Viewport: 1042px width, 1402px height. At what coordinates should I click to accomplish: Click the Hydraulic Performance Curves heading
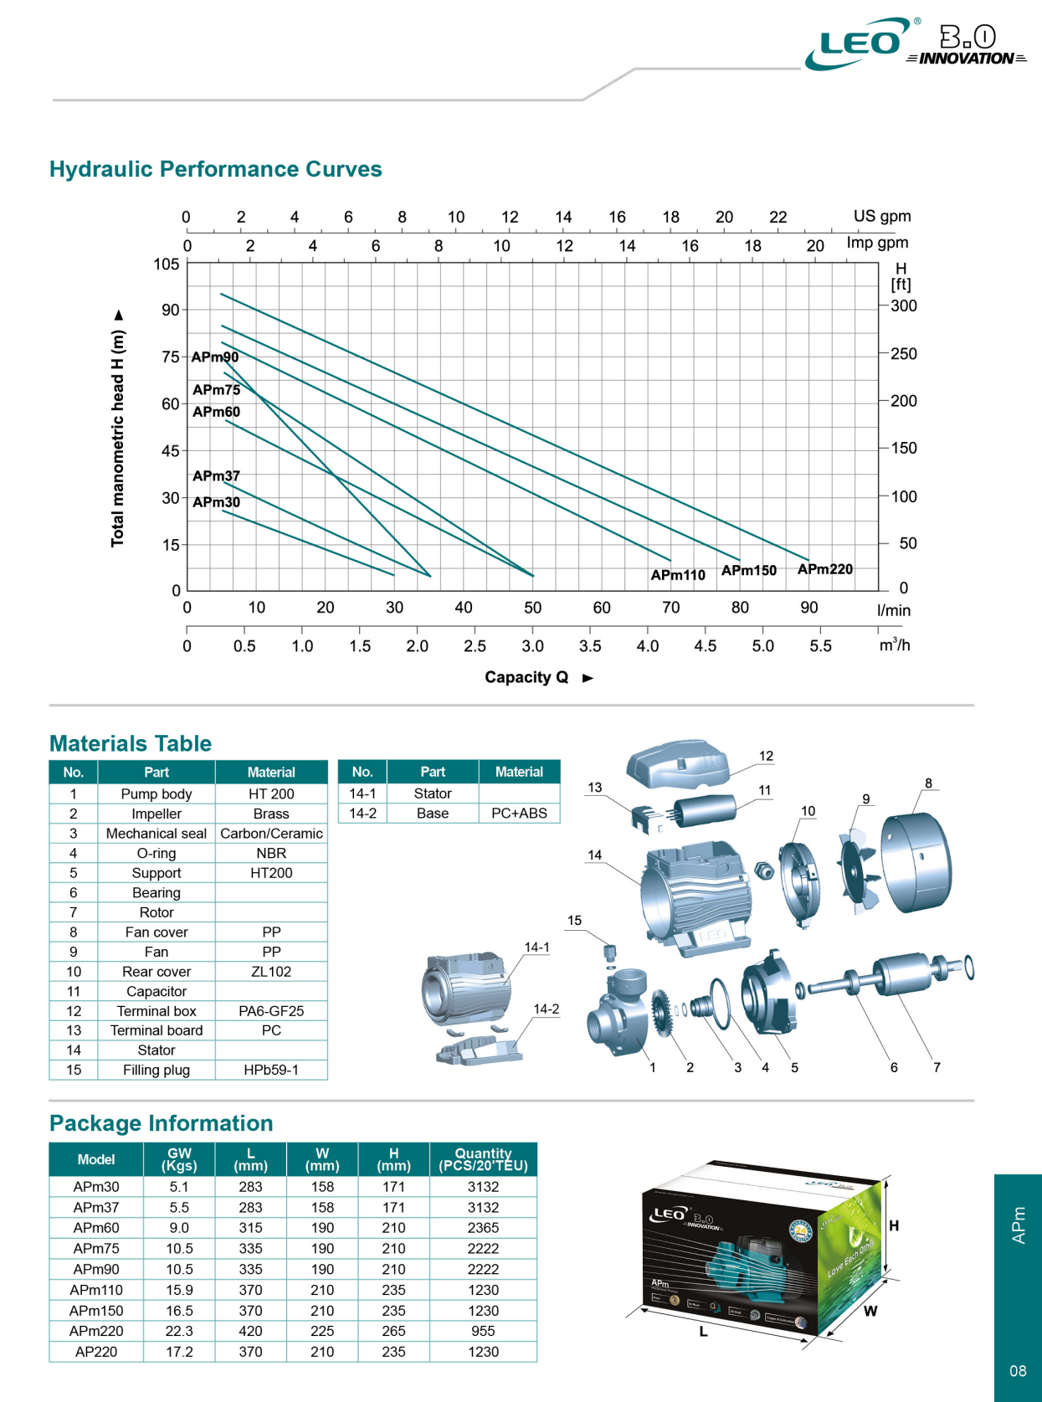216,169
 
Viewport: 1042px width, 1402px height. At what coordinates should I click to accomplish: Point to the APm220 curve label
824,569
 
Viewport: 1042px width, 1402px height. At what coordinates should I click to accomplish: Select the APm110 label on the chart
678,574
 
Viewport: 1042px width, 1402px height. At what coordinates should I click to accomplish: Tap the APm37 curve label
216,475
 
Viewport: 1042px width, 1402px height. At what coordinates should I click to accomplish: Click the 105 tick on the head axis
167,264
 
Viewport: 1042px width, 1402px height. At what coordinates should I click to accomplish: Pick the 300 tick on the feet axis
904,306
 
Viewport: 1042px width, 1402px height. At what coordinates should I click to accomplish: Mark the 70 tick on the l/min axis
671,608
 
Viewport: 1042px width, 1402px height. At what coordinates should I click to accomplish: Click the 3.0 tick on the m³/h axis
532,646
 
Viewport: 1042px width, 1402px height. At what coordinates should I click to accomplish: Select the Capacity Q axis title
526,677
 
